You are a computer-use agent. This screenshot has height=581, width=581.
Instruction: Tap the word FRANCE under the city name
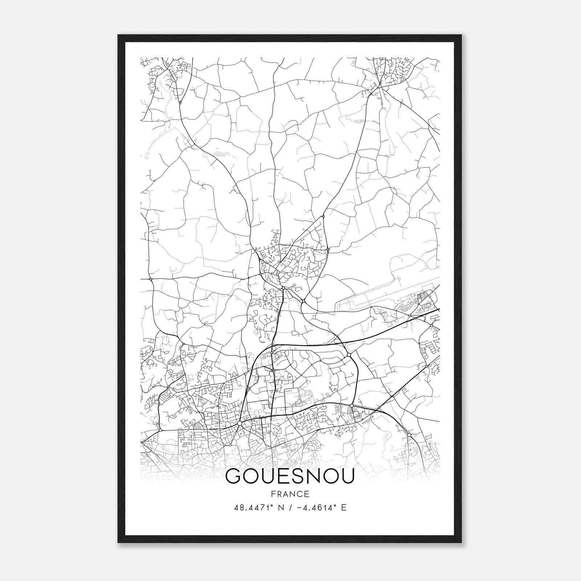(290, 494)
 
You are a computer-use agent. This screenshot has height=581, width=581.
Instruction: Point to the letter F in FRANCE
(273, 494)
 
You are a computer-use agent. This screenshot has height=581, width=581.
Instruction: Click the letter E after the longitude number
(344, 508)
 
